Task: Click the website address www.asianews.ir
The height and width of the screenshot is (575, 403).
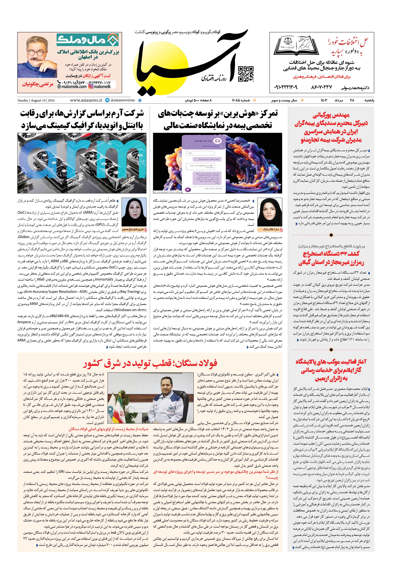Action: click(x=86, y=100)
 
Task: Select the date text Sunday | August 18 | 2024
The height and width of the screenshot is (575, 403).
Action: click(x=36, y=100)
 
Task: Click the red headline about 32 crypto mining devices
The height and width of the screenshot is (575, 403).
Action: click(x=331, y=258)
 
